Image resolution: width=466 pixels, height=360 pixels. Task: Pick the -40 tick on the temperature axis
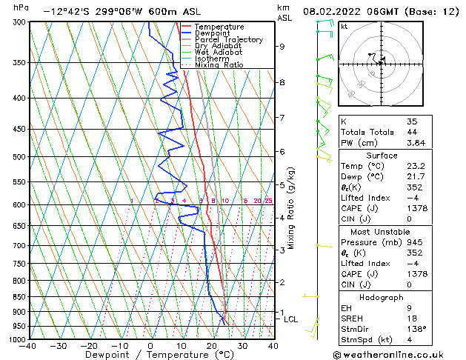click(x=28, y=346)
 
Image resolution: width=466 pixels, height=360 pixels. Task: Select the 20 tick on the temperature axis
click(x=212, y=346)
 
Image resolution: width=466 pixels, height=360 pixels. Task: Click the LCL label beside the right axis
click(x=290, y=319)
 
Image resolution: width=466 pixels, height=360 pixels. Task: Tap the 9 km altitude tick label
click(x=282, y=47)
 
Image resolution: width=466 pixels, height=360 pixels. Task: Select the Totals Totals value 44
click(x=412, y=131)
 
